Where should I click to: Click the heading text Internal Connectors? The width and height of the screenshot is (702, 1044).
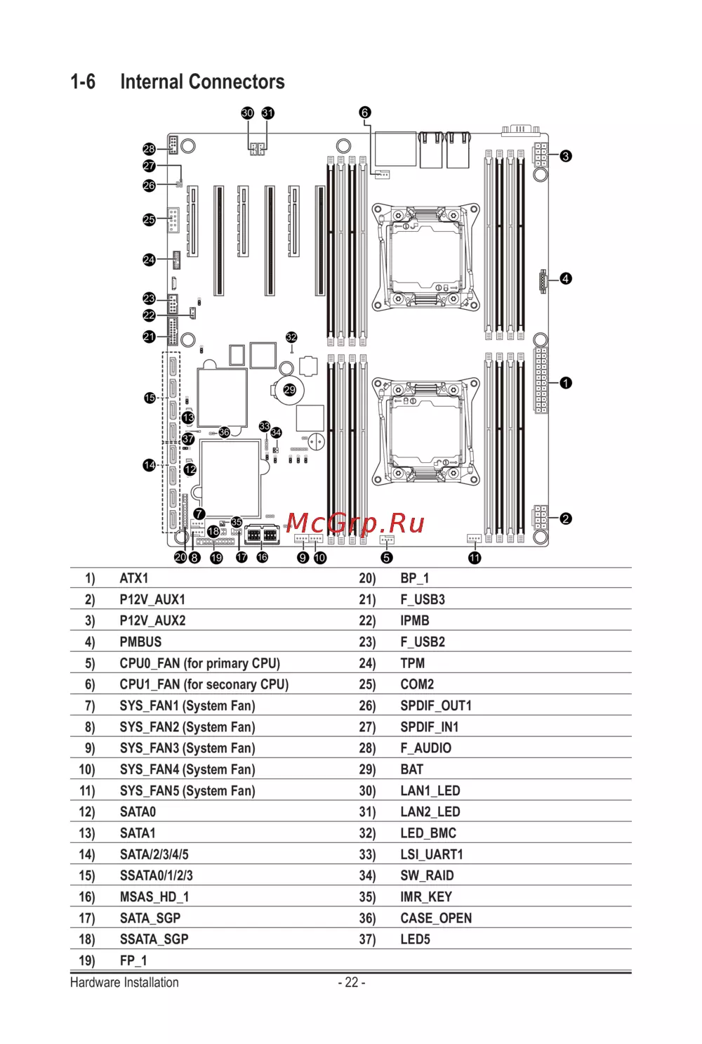(x=202, y=82)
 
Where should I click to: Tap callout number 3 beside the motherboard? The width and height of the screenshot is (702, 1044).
(x=566, y=156)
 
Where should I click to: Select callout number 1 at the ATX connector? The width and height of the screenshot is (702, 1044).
(x=566, y=383)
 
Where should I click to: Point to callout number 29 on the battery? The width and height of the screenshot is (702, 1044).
(x=289, y=390)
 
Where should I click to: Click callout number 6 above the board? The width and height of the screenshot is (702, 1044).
(x=364, y=112)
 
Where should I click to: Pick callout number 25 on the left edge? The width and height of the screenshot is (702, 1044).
(x=149, y=220)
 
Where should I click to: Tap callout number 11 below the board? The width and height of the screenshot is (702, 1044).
(x=475, y=558)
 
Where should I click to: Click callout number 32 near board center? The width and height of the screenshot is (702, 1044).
(x=291, y=338)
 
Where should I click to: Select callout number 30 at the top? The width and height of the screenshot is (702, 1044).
(x=247, y=113)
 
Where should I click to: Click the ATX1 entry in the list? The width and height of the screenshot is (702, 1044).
(x=134, y=578)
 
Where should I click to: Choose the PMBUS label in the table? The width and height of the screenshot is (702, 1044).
(x=140, y=642)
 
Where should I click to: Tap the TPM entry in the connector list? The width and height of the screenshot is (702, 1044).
(x=413, y=663)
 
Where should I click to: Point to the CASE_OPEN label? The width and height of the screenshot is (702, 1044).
(x=436, y=918)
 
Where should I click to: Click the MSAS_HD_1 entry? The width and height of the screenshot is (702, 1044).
(x=154, y=897)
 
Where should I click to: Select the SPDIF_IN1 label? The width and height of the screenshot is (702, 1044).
(x=430, y=727)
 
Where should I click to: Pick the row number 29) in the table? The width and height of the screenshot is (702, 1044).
(x=367, y=770)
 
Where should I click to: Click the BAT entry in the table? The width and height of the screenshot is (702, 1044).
(x=412, y=770)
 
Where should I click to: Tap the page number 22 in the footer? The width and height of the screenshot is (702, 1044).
(x=352, y=983)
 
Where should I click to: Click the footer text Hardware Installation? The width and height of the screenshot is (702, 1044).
(x=124, y=983)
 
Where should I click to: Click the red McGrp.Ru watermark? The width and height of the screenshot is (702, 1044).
(x=355, y=523)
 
